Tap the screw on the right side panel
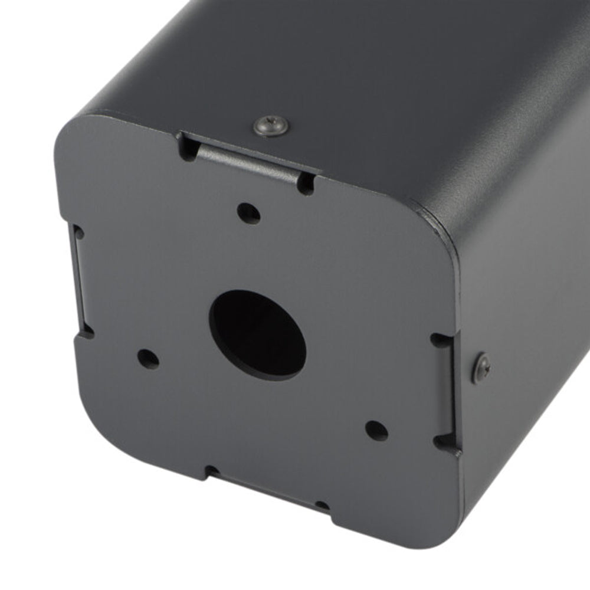[x=482, y=368]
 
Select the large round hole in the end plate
[x=258, y=335]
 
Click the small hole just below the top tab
[x=248, y=212]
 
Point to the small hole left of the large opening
[x=148, y=358]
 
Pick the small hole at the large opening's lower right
[x=376, y=430]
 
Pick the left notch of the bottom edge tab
[x=211, y=471]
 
